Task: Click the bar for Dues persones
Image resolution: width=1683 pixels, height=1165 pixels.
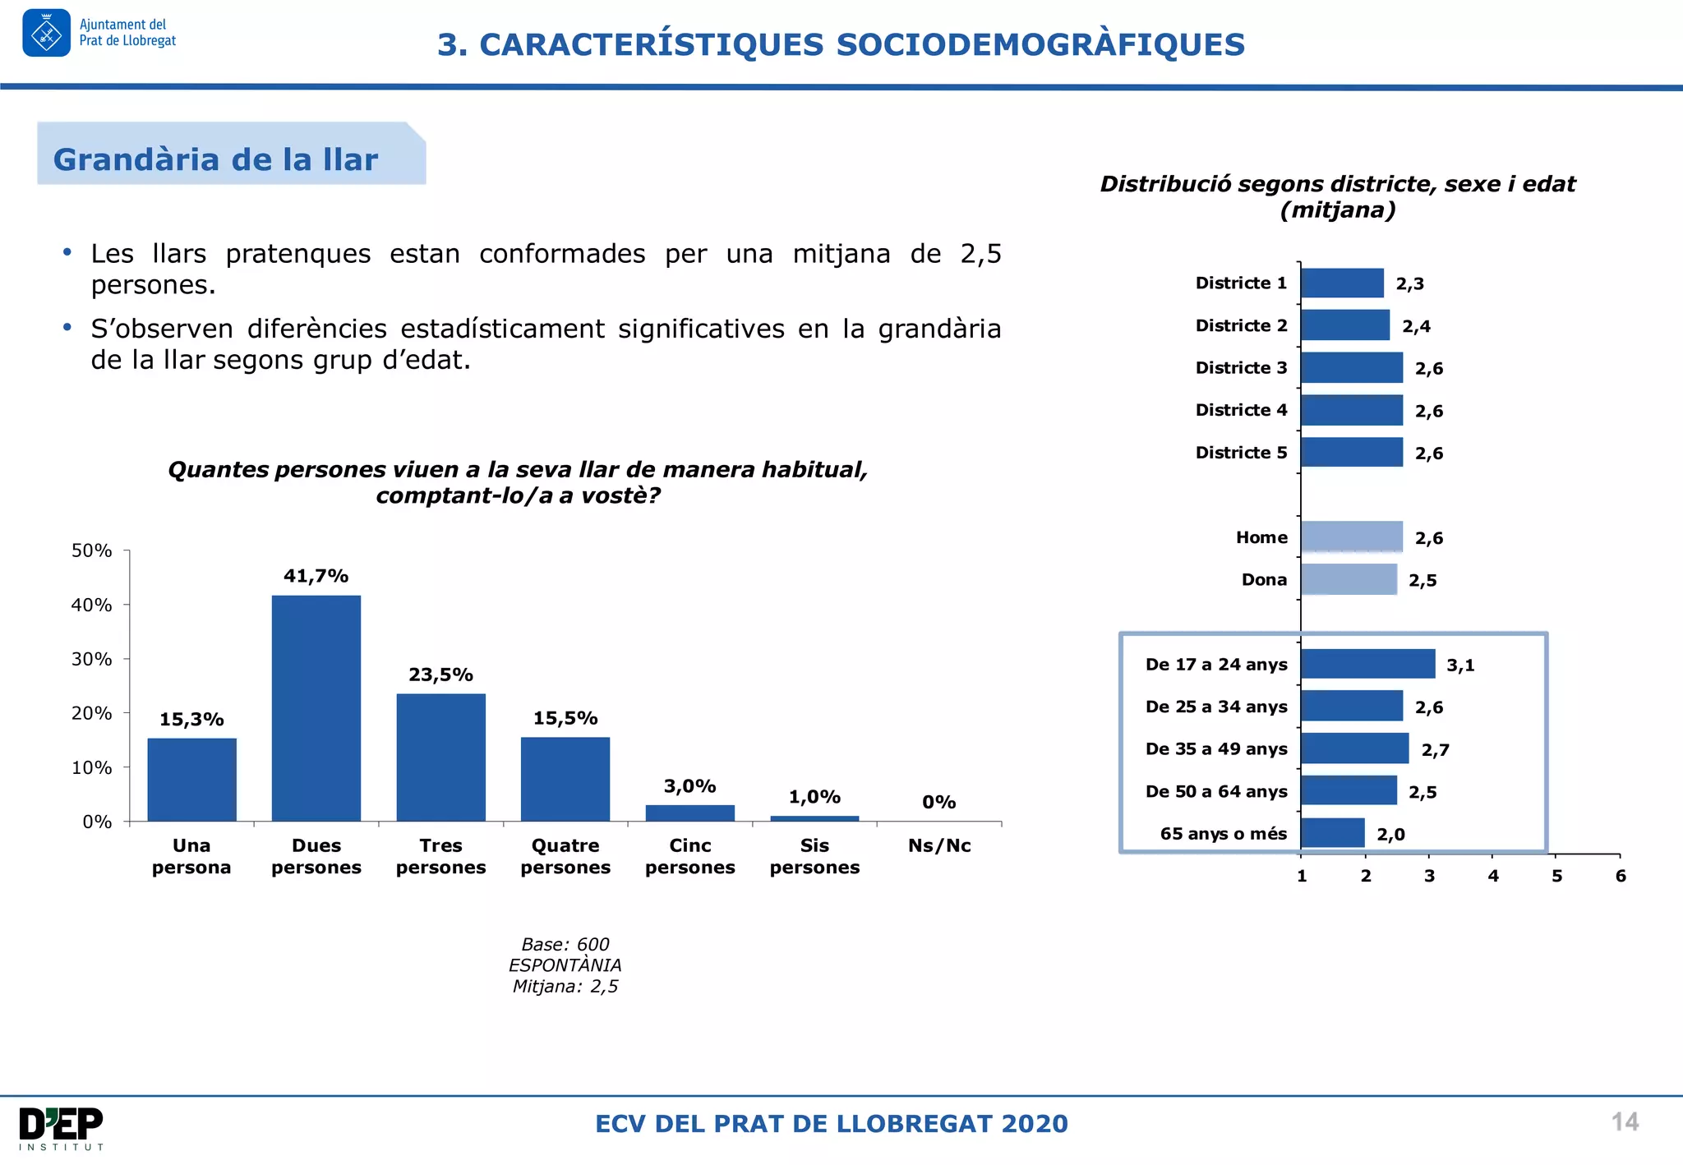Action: tap(316, 707)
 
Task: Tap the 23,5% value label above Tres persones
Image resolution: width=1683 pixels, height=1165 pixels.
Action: tap(440, 675)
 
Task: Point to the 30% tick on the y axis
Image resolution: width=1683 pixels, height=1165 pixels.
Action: tap(91, 659)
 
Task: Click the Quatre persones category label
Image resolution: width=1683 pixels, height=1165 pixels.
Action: tap(565, 856)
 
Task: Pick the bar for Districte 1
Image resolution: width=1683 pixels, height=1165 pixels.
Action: tap(1342, 283)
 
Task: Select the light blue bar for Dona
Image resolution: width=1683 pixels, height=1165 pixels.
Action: tap(1349, 579)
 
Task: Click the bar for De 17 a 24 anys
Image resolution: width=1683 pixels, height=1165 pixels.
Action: tap(1367, 664)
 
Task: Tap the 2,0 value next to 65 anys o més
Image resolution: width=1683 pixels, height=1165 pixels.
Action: tap(1390, 834)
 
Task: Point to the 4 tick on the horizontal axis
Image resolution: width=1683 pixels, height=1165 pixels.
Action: tap(1493, 876)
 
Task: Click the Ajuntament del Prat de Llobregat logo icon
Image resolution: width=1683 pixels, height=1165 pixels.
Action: tap(46, 33)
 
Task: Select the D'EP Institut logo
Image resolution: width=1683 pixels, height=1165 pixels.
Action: tap(61, 1127)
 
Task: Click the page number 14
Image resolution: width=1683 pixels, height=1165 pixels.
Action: tap(1625, 1121)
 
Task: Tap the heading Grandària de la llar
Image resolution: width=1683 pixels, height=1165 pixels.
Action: tap(215, 159)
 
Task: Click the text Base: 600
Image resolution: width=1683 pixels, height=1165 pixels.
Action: tap(565, 944)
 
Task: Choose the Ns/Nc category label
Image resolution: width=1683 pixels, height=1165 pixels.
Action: tap(939, 845)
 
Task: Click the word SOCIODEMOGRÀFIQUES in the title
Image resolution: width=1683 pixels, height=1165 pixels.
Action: tap(1040, 44)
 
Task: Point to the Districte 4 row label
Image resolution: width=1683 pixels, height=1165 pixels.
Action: tap(1241, 410)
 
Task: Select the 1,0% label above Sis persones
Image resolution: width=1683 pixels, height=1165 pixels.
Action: tap(814, 796)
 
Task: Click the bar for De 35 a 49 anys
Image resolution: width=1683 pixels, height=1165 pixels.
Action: tap(1354, 748)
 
